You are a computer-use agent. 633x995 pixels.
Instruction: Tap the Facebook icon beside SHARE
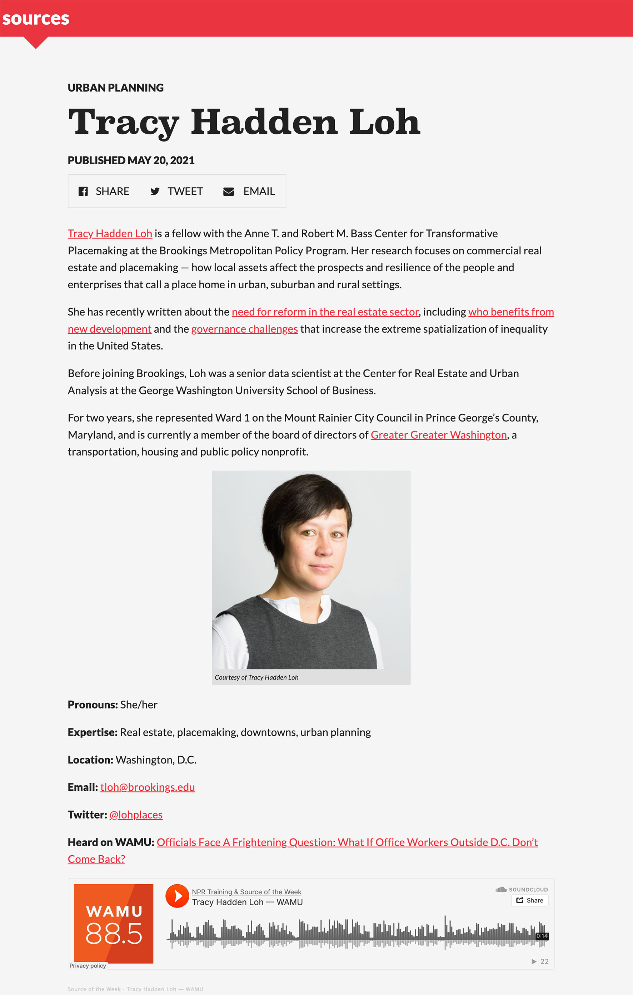83,191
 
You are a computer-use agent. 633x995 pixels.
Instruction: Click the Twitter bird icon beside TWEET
155,191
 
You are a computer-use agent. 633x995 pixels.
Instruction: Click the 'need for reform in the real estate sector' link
325,312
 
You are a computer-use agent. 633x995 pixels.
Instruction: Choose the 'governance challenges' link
244,329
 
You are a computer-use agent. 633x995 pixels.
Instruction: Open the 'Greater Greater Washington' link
438,435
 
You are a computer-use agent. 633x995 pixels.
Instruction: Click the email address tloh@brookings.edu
148,787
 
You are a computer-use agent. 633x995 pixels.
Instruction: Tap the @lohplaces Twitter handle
136,815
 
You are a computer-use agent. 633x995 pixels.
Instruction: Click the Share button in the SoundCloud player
530,900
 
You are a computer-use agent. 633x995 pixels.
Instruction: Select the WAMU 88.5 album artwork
114,924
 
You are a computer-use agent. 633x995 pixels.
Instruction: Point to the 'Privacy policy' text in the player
88,966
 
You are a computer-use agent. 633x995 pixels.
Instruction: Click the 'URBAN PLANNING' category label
116,88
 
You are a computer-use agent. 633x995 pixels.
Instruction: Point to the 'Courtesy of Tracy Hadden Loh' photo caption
256,677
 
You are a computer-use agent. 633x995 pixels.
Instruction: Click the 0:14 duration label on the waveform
542,936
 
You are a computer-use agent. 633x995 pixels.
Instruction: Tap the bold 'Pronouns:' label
93,705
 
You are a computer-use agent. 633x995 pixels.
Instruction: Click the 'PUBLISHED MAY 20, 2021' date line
131,160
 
